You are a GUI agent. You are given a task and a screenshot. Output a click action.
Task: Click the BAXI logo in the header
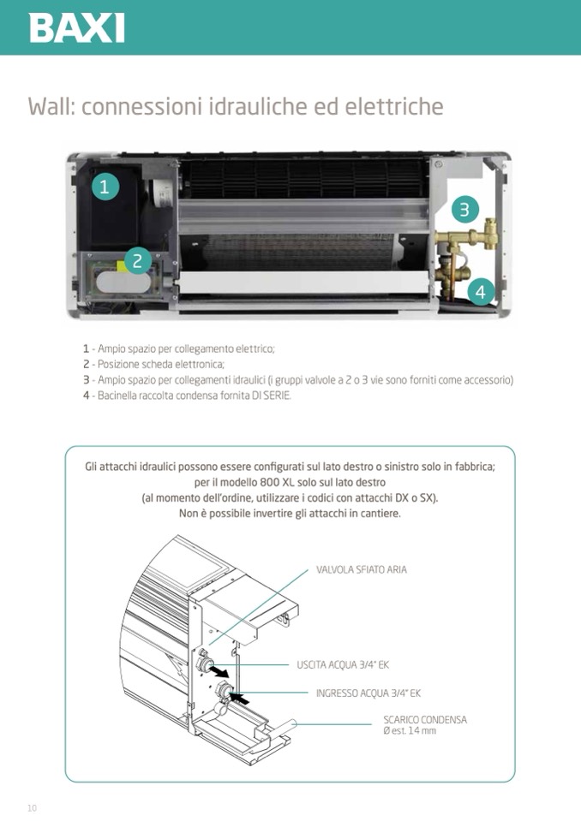tap(77, 28)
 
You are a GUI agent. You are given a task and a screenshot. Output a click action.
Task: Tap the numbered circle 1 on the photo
tap(105, 187)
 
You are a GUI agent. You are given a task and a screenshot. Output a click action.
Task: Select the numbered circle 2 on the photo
tap(137, 260)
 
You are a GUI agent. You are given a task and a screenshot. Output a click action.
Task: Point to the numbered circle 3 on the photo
tap(464, 208)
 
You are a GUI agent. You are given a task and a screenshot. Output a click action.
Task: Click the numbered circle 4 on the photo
tap(480, 292)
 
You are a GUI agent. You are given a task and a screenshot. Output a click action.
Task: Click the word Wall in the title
tap(50, 107)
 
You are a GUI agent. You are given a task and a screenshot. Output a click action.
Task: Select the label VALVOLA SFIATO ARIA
tap(361, 569)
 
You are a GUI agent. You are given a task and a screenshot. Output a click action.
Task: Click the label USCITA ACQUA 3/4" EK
tap(343, 664)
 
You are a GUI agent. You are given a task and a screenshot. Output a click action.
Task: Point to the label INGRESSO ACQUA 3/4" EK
tap(368, 693)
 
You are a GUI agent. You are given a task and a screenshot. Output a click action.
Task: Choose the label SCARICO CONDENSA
tap(425, 720)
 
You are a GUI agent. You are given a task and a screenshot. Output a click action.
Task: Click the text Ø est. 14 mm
tap(410, 731)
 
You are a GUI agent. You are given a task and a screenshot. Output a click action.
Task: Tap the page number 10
tap(32, 808)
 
